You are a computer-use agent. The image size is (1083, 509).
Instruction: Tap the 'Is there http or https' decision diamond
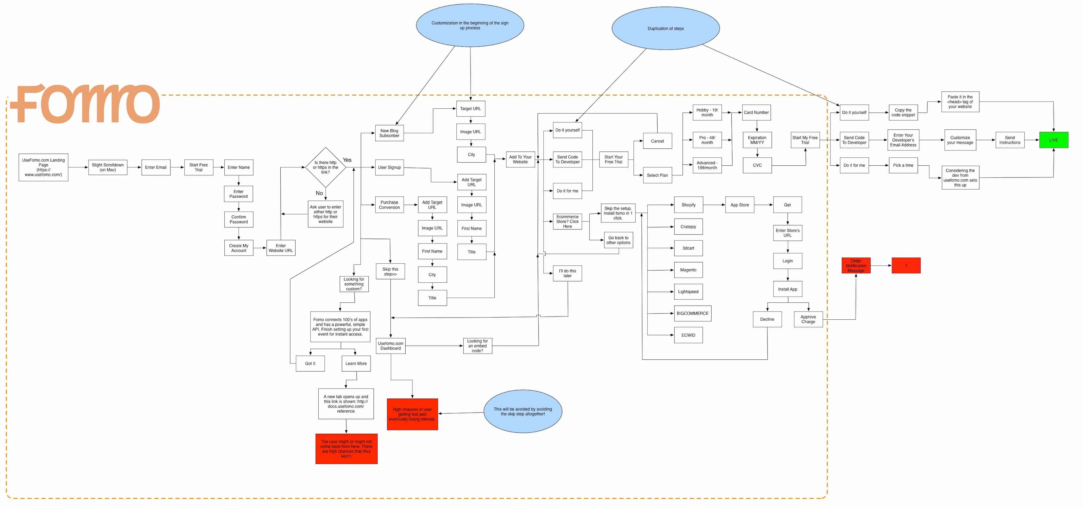coord(325,167)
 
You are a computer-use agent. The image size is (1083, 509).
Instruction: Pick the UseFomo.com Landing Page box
coord(43,167)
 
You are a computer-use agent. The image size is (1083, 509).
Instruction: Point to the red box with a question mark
coord(906,265)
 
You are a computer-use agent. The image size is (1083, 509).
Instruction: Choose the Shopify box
coord(688,205)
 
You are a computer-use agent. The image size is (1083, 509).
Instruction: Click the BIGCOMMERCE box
coord(692,313)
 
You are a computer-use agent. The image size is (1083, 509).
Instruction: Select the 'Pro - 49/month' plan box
coord(707,140)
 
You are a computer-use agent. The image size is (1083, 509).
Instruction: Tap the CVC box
coord(757,165)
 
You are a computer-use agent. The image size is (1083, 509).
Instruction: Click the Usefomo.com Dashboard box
coord(391,346)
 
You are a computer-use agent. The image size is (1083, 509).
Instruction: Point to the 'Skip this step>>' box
coord(390,272)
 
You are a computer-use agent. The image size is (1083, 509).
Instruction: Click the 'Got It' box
coord(310,363)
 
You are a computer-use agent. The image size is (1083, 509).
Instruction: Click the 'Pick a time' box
coord(903,165)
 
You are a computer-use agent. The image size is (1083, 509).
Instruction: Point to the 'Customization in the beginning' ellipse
coord(470,25)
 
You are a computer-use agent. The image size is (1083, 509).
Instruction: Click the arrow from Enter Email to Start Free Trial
coord(177,167)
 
